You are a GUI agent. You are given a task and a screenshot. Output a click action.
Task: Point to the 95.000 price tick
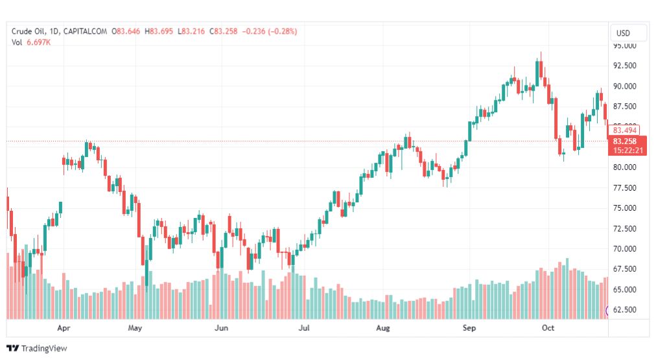625,46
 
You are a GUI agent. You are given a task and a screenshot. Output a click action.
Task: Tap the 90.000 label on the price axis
625,86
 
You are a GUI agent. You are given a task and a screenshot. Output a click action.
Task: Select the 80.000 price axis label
625,167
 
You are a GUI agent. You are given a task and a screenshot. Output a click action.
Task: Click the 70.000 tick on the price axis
625,249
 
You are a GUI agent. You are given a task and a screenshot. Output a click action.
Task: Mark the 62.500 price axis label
625,310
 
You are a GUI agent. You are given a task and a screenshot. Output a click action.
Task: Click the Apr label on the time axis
64,328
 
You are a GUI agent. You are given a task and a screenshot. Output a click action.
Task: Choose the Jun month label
222,328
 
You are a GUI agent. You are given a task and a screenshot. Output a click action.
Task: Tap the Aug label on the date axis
383,328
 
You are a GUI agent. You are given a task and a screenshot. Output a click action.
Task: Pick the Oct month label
548,328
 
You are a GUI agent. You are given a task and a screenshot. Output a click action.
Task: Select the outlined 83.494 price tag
625,130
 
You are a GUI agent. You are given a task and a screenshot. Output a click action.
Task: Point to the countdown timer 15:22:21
627,150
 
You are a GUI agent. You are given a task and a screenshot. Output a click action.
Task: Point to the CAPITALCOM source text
87,31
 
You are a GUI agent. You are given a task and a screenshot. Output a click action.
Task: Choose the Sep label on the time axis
469,328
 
